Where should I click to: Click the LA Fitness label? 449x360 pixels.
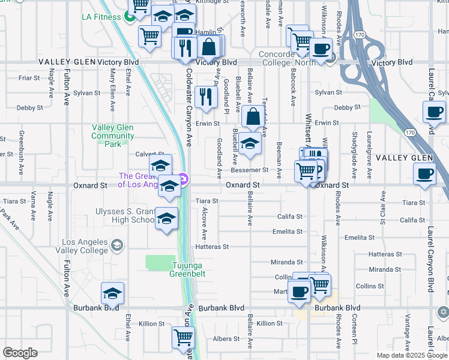[101, 16]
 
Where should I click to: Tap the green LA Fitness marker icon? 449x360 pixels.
[130, 16]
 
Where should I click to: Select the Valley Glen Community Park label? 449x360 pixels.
[113, 136]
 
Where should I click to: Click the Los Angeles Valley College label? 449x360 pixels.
[82, 246]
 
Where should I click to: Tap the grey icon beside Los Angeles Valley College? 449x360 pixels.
[116, 245]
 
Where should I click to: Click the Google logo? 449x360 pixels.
[20, 353]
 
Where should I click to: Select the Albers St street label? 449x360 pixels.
[226, 339]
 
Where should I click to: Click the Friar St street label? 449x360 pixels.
[29, 78]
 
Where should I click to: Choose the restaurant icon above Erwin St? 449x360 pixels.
[206, 96]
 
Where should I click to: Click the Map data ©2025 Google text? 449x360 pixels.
[412, 355]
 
